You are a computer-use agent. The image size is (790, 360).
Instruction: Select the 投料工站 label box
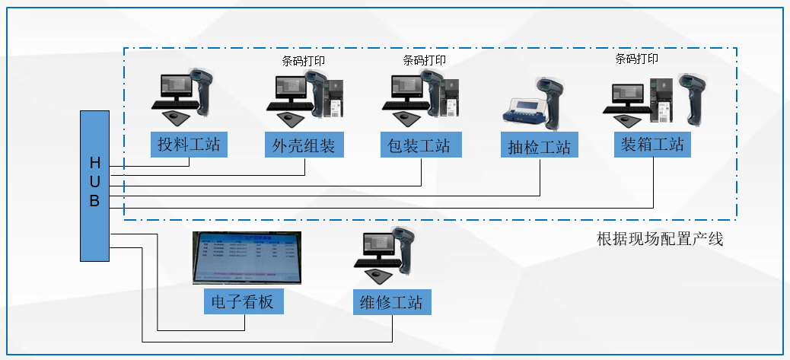[189, 144]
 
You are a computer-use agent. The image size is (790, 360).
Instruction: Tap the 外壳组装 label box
[304, 144]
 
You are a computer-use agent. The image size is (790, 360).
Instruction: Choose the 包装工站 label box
[419, 144]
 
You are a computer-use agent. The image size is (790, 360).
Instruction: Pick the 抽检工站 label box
[538, 146]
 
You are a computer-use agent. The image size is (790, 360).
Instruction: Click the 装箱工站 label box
[652, 144]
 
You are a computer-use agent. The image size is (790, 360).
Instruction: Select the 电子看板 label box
[243, 302]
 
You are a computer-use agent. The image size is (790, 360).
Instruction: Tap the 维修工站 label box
[392, 302]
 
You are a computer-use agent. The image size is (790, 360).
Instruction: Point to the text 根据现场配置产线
[660, 239]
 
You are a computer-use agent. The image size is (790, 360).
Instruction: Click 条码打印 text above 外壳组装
[304, 61]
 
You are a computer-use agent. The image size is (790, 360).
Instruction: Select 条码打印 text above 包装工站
[424, 60]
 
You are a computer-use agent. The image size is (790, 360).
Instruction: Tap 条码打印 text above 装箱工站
[637, 59]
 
